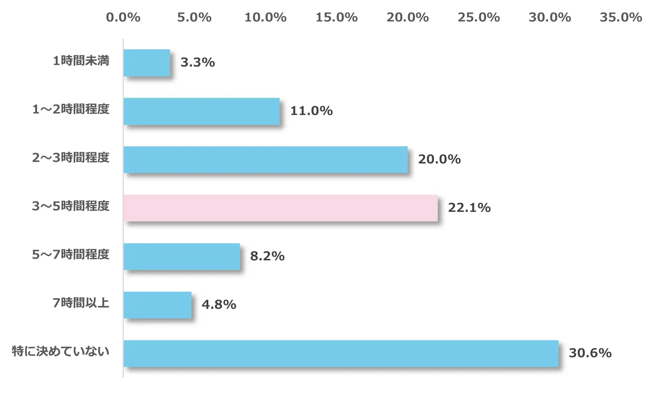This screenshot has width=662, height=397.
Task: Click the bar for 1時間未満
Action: pos(147,63)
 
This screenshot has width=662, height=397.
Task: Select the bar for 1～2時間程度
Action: pos(201,111)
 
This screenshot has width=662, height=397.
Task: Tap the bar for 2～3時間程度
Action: pos(265,160)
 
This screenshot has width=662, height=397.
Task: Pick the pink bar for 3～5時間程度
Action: pos(280,208)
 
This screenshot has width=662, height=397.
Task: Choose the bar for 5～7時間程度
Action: pos(181,257)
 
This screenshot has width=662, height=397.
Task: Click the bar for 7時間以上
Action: pos(157,305)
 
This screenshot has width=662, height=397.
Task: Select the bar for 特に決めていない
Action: pos(341,353)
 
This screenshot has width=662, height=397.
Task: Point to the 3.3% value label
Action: pos(197,62)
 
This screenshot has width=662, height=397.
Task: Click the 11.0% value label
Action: pos(311,111)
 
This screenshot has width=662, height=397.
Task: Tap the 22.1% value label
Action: pos(469,208)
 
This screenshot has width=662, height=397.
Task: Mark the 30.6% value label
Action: pos(590,353)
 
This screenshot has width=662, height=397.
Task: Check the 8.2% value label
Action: pos(267,256)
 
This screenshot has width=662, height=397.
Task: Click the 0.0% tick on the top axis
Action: pos(123,17)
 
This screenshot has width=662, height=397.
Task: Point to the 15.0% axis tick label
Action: pos(337,17)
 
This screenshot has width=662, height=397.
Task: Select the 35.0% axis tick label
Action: pos(621,17)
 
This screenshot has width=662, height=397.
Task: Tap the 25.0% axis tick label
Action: pos(479,17)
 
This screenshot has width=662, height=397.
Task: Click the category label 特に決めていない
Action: pos(60,351)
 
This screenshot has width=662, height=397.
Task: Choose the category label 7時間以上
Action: pos(81,303)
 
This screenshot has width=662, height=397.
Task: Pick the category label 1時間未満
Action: pos(81,61)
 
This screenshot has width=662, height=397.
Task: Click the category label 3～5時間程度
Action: pos(71,206)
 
